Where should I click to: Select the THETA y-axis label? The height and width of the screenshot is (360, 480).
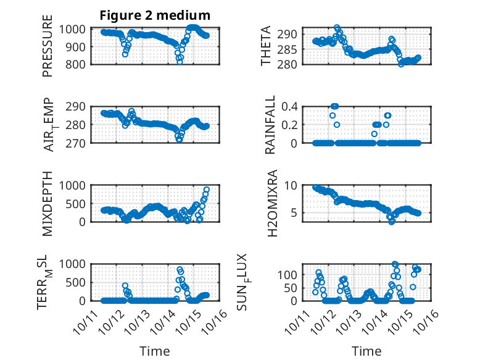(x=265, y=46)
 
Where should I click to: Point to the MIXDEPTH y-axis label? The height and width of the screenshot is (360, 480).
(x=48, y=203)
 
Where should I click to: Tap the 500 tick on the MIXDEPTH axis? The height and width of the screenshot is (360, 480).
(x=80, y=203)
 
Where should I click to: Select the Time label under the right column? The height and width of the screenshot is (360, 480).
(x=366, y=351)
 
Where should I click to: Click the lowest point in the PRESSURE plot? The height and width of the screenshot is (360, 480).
(x=180, y=62)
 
